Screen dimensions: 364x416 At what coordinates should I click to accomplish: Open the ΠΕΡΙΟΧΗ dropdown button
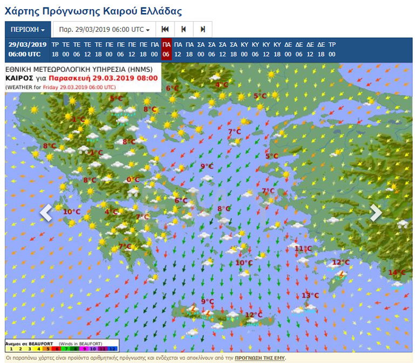tap(28, 29)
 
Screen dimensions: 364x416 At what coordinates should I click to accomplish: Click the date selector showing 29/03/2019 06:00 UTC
tap(104, 29)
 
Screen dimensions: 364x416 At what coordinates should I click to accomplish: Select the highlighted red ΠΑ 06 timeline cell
tap(166, 49)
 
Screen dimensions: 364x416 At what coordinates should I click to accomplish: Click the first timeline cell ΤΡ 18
tap(55, 49)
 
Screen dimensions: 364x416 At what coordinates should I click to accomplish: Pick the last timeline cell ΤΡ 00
tap(332, 49)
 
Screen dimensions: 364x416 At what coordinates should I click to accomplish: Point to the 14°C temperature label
tap(397, 272)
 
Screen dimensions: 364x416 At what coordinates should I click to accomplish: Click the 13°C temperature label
tap(310, 295)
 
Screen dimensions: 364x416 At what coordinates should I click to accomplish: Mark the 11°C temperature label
tap(303, 248)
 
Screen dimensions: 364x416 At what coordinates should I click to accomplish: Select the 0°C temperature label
tap(133, 180)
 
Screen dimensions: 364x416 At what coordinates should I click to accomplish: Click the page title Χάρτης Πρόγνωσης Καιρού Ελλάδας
tap(93, 11)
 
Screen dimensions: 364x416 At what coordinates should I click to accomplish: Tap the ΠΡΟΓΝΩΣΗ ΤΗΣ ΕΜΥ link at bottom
tap(260, 358)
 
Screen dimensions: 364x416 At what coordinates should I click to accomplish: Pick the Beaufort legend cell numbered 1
tap(11, 349)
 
